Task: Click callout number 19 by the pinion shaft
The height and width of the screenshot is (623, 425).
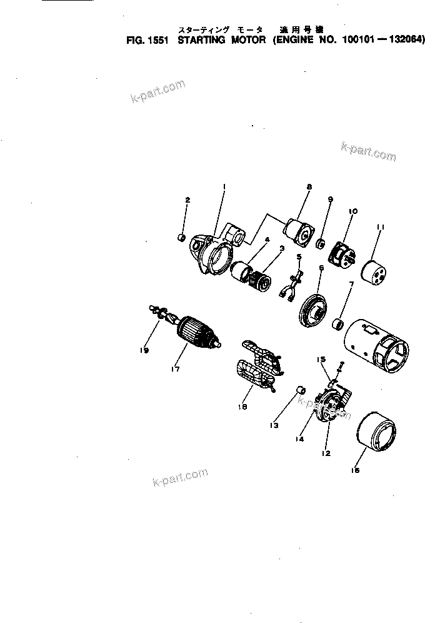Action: click(144, 352)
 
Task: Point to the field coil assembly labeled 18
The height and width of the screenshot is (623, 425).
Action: click(257, 372)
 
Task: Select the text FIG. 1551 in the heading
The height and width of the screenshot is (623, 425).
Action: click(149, 39)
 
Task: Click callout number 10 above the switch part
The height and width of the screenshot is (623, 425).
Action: click(352, 212)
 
